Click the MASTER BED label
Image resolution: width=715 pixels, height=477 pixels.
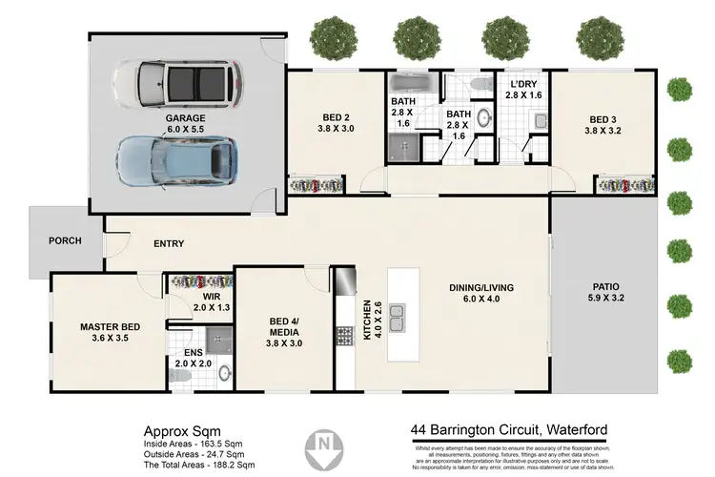pyautogui.click(x=110, y=327)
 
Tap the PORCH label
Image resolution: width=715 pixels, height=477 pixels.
pyautogui.click(x=65, y=240)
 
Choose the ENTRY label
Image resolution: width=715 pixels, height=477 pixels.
pyautogui.click(x=169, y=244)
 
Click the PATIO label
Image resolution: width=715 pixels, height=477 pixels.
pyautogui.click(x=606, y=289)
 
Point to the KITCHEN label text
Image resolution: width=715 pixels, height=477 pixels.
pyautogui.click(x=367, y=321)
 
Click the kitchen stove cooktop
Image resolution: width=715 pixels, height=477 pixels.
pyautogui.click(x=343, y=336)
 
